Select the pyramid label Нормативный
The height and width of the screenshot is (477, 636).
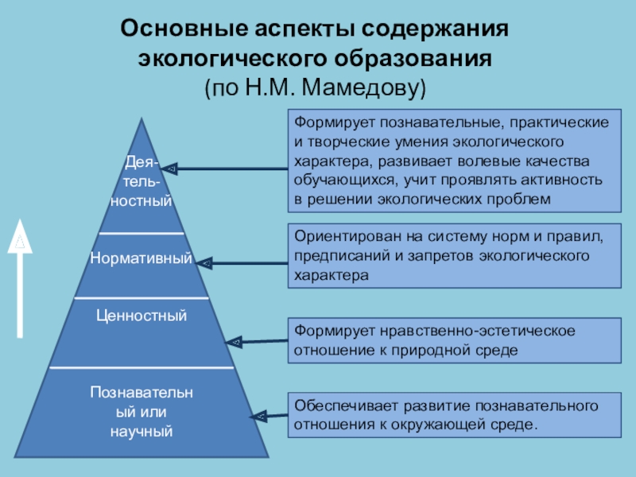click(x=142, y=258)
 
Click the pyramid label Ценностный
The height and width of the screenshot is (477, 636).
click(x=142, y=316)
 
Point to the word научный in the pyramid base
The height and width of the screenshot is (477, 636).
click(x=142, y=432)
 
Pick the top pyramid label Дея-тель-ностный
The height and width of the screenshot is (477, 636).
click(x=142, y=183)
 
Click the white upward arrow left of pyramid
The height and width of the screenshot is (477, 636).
click(x=21, y=278)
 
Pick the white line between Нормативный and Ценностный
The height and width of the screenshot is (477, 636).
click(x=142, y=298)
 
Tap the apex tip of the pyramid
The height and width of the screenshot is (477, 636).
click(x=142, y=119)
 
